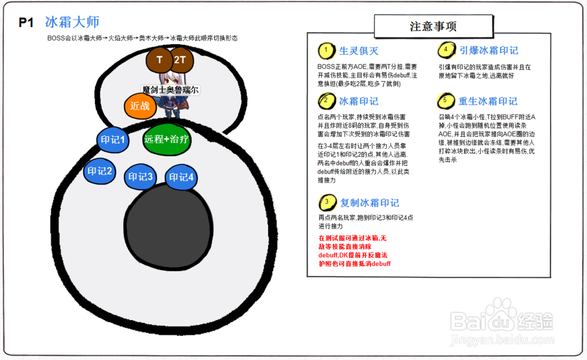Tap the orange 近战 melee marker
point(140,106)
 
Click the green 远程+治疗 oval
point(167,139)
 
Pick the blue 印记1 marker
point(113,140)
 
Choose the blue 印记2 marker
point(100,171)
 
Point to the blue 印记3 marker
point(140,176)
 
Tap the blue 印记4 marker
point(181,177)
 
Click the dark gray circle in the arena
point(168,226)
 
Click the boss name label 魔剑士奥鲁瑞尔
point(170,90)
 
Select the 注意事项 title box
point(434,26)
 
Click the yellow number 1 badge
point(326,51)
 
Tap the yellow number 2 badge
point(326,101)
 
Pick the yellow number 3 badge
point(327,202)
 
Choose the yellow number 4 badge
point(446,50)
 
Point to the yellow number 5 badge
point(446,101)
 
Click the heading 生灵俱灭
point(359,51)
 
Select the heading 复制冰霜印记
point(369,203)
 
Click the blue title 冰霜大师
point(72,22)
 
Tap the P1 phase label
point(26,22)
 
